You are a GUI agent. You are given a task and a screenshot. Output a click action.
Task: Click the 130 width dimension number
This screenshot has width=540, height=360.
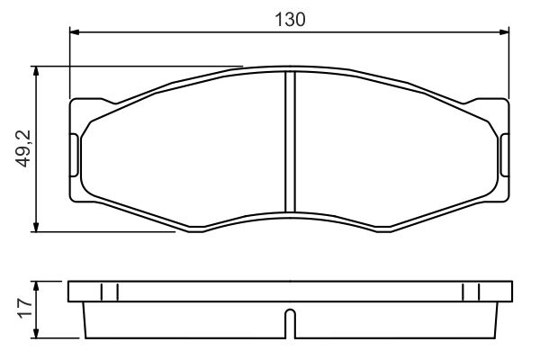290,20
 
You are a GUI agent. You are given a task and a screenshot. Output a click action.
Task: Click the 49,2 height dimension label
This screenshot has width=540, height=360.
23,148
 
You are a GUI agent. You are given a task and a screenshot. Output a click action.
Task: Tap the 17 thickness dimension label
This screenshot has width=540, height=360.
25,309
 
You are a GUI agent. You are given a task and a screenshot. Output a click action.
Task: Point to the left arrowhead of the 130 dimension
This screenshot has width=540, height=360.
75,32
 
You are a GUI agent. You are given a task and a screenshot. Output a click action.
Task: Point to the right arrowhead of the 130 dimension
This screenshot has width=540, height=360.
504,32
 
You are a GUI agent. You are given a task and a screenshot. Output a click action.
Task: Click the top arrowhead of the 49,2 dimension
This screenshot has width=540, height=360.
36,71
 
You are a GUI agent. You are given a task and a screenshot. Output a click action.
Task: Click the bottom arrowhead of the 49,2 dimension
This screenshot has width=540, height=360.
36,227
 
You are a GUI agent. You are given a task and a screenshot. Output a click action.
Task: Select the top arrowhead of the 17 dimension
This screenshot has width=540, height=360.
36,286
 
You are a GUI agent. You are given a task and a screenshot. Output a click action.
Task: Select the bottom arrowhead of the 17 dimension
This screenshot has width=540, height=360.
36,333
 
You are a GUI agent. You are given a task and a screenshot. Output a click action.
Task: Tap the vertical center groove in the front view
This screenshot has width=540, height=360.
291,141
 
